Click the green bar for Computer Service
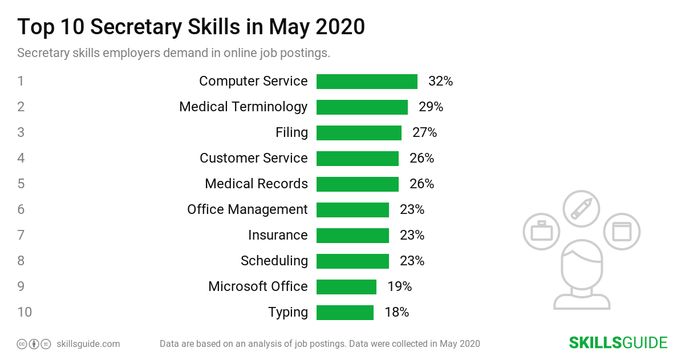[367, 82]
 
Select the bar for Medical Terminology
[362, 107]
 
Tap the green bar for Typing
[345, 313]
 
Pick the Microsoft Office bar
[346, 287]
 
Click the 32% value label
[440, 82]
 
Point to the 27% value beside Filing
[424, 133]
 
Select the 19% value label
[399, 287]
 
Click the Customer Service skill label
[253, 159]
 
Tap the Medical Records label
[256, 184]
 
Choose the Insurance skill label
[278, 236]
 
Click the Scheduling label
[274, 261]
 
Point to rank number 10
[24, 313]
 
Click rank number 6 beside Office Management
[21, 210]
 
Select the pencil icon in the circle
[581, 209]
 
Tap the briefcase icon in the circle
[541, 232]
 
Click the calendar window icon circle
[622, 232]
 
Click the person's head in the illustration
[581, 265]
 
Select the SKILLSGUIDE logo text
[618, 343]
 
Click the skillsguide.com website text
[88, 344]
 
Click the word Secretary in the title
[149, 27]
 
